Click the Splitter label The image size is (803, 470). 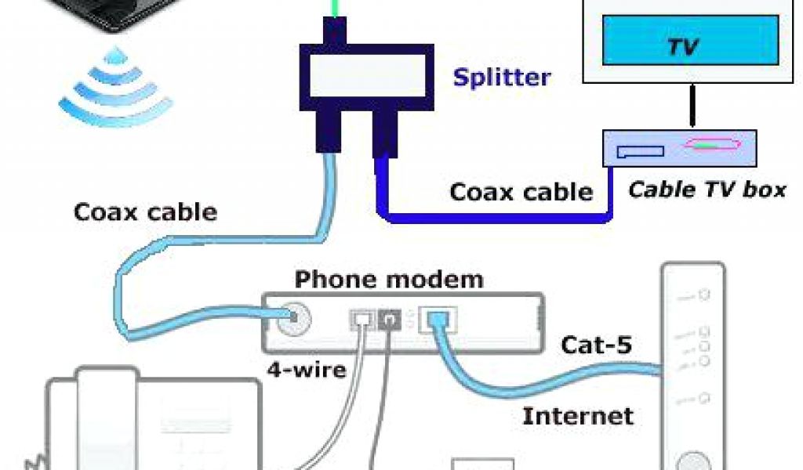[502, 78]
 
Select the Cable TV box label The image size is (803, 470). [707, 190]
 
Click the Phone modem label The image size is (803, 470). [389, 280]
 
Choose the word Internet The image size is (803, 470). [578, 415]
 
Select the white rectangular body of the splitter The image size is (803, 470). [366, 81]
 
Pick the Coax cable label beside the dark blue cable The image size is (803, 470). [521, 191]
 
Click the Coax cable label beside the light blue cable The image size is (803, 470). [145, 211]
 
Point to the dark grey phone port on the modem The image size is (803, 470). [388, 318]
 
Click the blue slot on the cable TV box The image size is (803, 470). [640, 151]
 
